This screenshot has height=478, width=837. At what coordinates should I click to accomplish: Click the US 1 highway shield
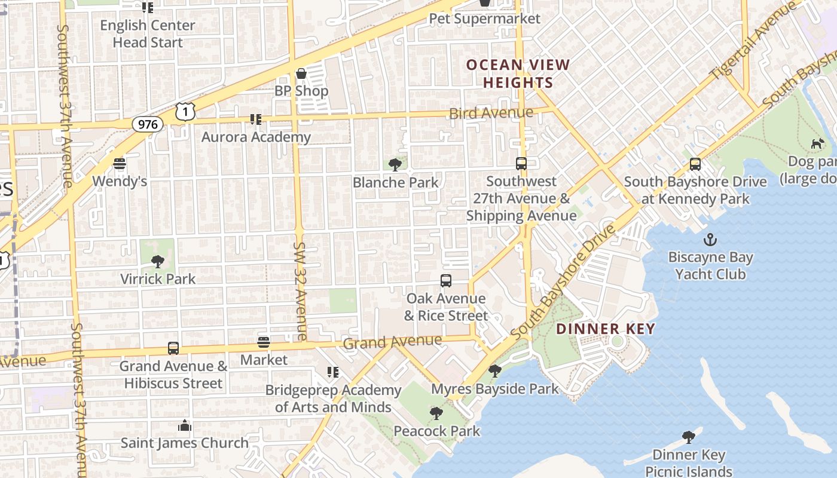click(x=185, y=111)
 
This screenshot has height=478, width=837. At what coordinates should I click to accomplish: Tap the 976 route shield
click(x=147, y=124)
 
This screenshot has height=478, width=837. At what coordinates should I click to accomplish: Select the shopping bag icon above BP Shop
click(x=301, y=73)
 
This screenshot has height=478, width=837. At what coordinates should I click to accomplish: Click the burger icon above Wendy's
click(x=120, y=164)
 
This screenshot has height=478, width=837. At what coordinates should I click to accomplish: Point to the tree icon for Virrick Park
click(x=158, y=261)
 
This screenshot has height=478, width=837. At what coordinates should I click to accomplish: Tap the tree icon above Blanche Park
click(x=395, y=165)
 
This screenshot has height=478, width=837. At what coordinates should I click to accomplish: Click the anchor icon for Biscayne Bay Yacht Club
click(x=710, y=240)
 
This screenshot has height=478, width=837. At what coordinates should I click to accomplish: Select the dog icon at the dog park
click(x=817, y=143)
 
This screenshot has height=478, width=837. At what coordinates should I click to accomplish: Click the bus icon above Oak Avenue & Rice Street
click(x=445, y=281)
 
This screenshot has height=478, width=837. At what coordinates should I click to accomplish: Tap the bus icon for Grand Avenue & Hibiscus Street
click(x=173, y=348)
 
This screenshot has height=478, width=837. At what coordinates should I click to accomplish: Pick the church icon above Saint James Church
click(x=185, y=425)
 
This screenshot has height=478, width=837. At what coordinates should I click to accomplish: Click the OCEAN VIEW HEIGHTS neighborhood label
click(x=518, y=73)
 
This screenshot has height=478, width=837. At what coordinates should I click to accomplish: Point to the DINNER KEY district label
click(x=605, y=329)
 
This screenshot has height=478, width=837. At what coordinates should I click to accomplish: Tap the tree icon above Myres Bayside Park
click(x=494, y=371)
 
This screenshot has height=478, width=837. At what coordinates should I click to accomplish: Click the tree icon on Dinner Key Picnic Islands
click(x=689, y=437)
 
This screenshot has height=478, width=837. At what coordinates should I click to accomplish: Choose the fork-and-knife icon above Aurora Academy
click(x=256, y=119)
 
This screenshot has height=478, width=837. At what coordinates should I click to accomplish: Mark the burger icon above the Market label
click(x=264, y=343)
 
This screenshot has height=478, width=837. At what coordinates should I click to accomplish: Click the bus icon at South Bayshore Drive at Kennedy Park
click(x=695, y=164)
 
